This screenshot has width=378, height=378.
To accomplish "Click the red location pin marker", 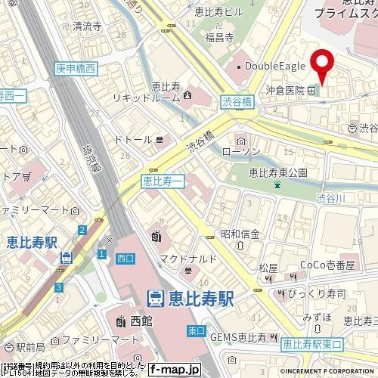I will pyautogui.click(x=324, y=67).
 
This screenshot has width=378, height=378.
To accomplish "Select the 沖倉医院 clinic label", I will pyautogui.click(x=284, y=91).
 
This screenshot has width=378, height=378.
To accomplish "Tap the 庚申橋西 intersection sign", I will pyautogui.click(x=76, y=69).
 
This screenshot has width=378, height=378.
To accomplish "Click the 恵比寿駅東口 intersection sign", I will pyautogui.click(x=312, y=344).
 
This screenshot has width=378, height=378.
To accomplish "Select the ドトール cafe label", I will pyautogui.click(x=134, y=139).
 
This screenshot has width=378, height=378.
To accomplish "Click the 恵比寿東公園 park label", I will pyautogui.click(x=277, y=173).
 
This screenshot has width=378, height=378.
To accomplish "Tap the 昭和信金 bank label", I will pyautogui.click(x=240, y=232).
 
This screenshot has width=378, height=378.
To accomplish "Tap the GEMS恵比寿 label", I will pyautogui.click(x=240, y=336).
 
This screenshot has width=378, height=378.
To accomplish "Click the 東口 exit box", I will pyautogui.click(x=196, y=330).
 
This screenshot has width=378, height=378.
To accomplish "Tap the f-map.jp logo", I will pyautogui.click(x=174, y=370).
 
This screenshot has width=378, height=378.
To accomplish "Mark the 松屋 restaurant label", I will pyautogui.click(x=268, y=268).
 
